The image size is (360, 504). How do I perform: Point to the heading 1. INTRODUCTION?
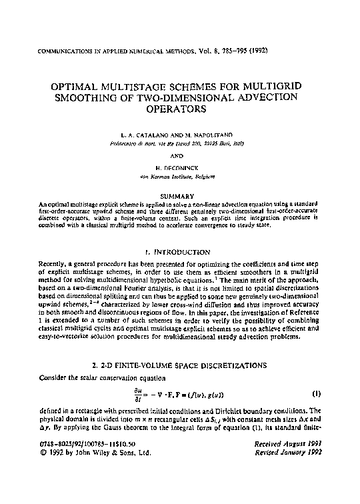point(180,253)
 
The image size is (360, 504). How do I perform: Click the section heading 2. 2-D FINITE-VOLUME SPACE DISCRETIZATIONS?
point(180,365)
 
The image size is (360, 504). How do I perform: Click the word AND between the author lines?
point(180,158)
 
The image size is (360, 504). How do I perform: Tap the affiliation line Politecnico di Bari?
point(180,143)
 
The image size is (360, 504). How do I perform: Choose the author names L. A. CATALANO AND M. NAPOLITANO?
point(180,135)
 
